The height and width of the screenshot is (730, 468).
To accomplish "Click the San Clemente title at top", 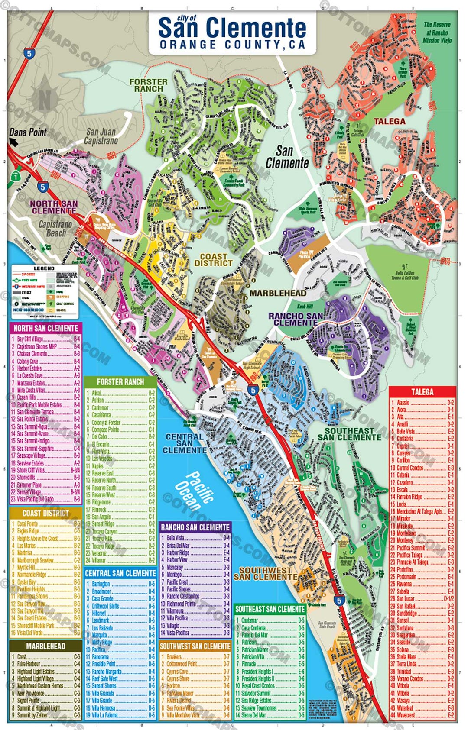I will [232, 28].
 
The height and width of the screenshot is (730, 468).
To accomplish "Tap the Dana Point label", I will [28, 132].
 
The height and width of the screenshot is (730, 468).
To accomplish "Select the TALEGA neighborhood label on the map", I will [389, 122].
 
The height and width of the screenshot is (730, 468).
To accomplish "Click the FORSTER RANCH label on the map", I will [148, 85].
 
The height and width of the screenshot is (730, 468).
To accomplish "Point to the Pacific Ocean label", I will [194, 491].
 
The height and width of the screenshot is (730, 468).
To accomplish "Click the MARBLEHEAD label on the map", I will [277, 293].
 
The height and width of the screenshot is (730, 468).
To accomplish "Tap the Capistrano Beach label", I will [55, 229].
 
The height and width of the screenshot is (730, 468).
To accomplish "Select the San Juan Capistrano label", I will [101, 136].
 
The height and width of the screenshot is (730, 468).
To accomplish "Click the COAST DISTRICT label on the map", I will [213, 260].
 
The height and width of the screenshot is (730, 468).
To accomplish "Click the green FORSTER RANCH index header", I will [120, 382].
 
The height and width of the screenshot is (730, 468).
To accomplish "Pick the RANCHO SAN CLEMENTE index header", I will [195, 527].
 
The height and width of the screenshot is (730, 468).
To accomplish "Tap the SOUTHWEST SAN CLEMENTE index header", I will [195, 646].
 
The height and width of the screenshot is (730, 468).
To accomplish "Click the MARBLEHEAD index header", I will [45, 646].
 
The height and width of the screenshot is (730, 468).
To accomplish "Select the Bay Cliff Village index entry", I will [30, 339].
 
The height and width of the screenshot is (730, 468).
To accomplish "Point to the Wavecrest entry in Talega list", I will [406, 715].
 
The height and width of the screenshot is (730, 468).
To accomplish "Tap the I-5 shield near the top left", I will [29, 54].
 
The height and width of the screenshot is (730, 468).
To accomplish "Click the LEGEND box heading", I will [44, 268].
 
